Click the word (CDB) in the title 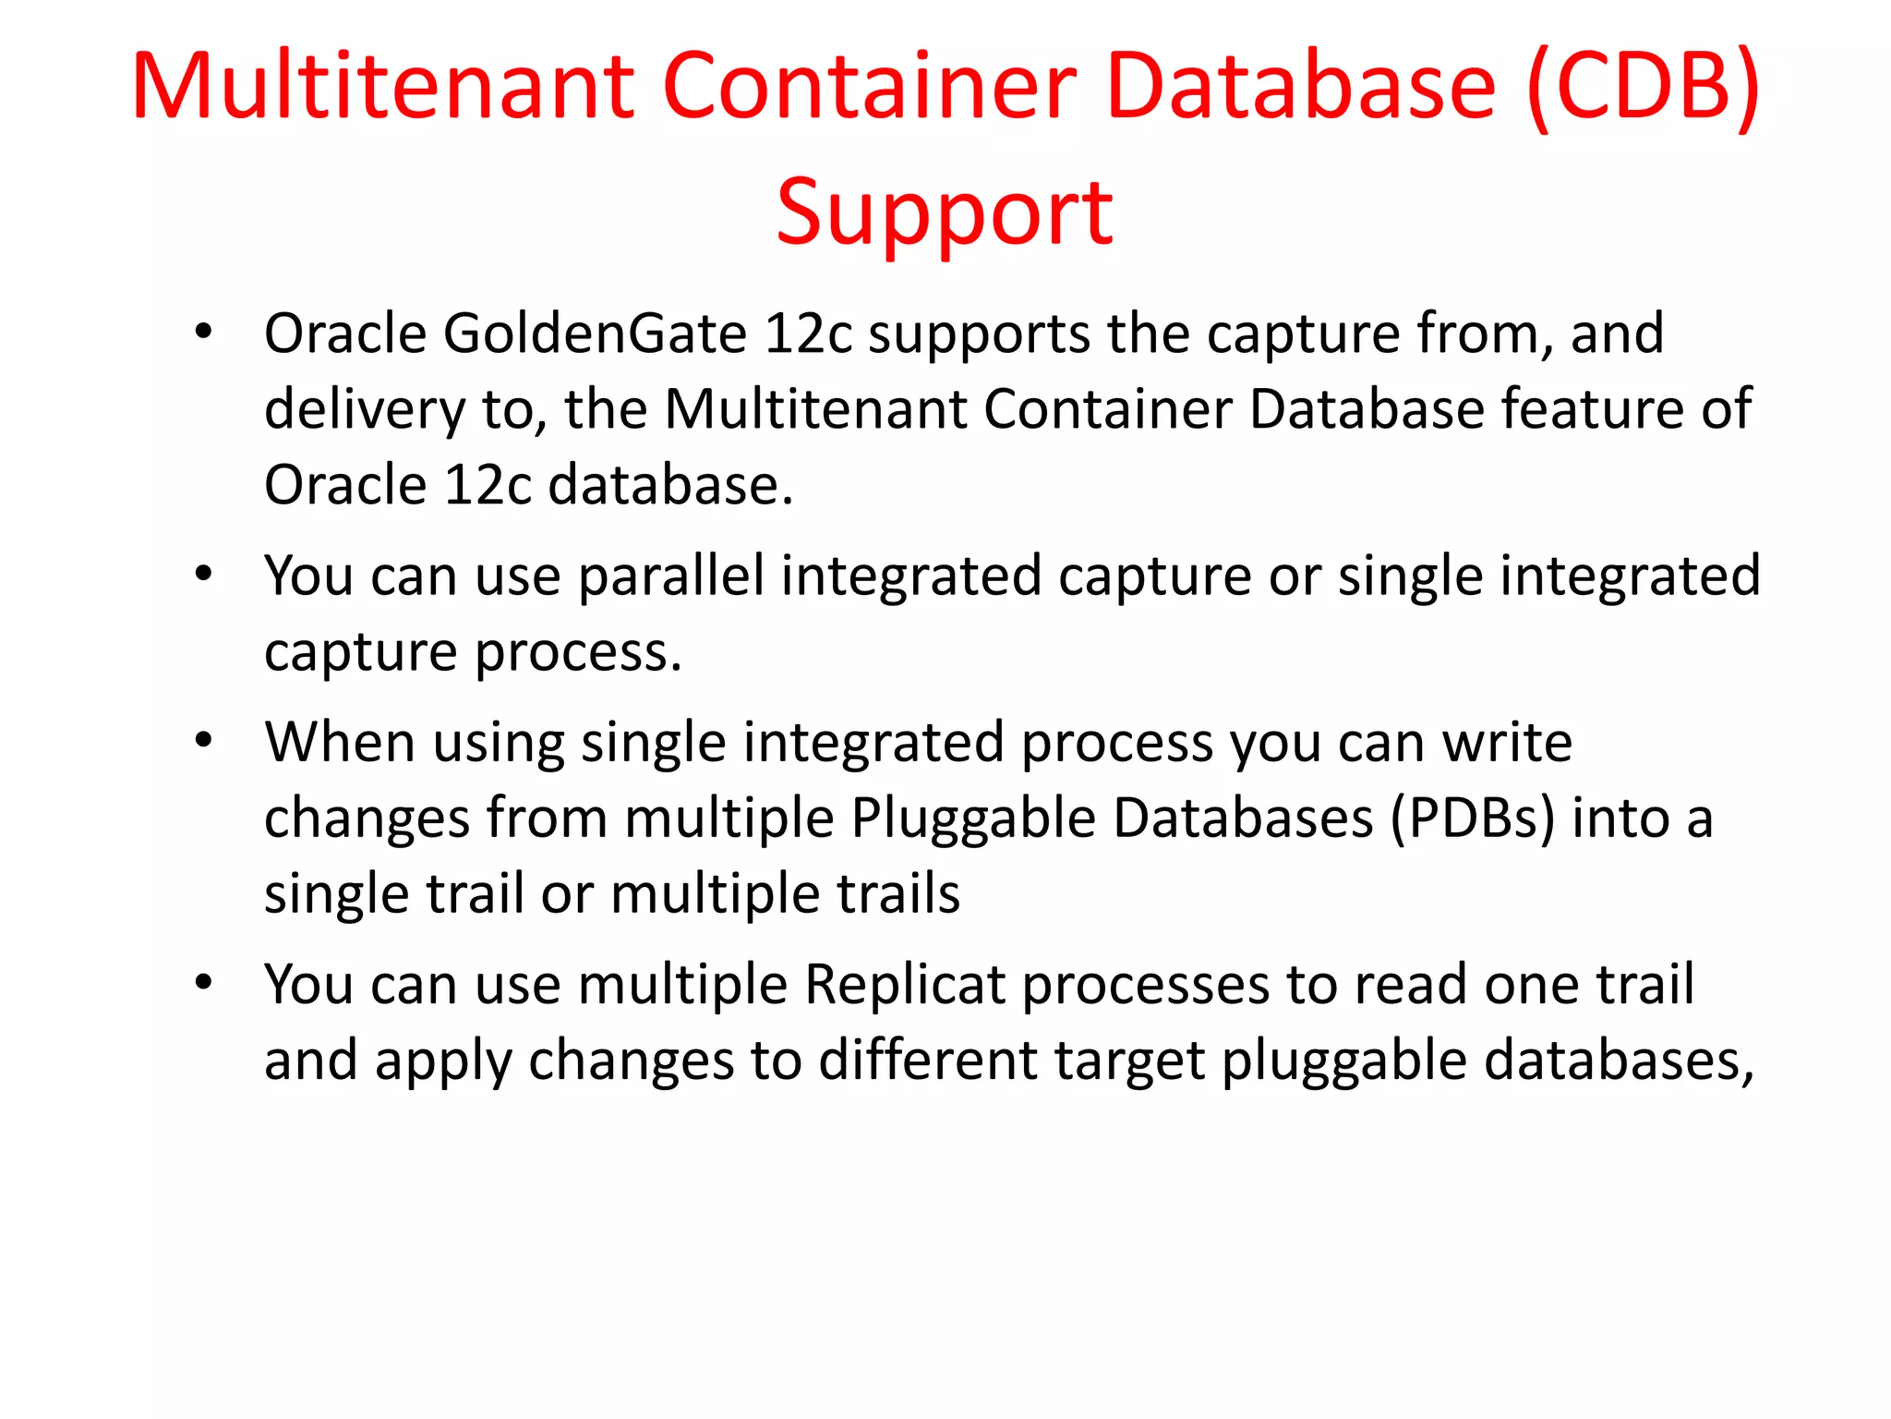(x=1643, y=88)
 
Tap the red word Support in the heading (x=945, y=213)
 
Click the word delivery (x=365, y=410)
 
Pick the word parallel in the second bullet (x=671, y=576)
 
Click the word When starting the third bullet (x=340, y=743)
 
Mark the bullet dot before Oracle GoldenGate (x=203, y=333)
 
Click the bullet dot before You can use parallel (x=203, y=576)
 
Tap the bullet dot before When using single (x=203, y=742)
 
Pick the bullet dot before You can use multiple (x=203, y=984)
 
